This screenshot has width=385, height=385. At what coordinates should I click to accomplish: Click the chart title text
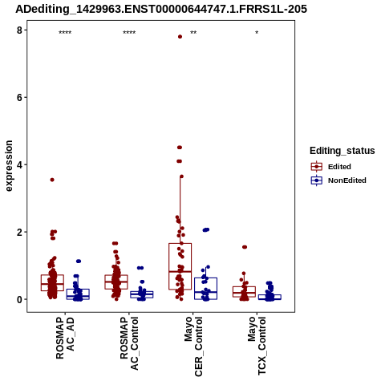(161, 9)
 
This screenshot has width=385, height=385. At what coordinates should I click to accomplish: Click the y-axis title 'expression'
(9, 166)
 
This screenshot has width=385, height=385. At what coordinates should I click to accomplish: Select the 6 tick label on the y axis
(19, 97)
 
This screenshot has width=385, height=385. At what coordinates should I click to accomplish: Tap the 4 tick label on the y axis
(19, 164)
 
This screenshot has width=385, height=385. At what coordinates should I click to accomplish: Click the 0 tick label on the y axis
(19, 299)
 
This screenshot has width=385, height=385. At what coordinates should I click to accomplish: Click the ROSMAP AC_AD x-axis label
(65, 338)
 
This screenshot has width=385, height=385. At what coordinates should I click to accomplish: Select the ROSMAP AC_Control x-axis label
(129, 343)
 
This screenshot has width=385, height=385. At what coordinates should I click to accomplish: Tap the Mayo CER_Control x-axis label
(193, 346)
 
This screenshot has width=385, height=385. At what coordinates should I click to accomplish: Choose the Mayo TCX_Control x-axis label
(257, 346)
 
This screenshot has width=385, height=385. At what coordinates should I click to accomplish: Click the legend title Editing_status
(342, 151)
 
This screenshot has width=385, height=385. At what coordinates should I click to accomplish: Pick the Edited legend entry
(331, 167)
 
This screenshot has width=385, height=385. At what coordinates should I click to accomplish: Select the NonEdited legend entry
(338, 180)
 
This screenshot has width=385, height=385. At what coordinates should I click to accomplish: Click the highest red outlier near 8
(180, 37)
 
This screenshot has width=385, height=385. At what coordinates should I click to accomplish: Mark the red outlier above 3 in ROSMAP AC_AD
(52, 180)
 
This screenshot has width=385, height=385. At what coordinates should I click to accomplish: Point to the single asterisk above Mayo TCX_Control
(257, 33)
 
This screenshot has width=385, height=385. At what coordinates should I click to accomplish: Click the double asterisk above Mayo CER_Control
(193, 33)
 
